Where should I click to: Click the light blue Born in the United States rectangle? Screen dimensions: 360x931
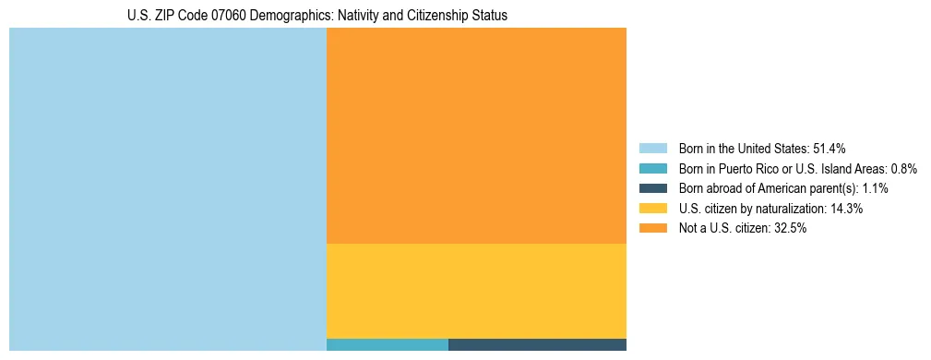(168, 189)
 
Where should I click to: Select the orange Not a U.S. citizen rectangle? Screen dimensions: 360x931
(476, 136)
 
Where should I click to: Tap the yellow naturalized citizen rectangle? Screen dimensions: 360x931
(476, 291)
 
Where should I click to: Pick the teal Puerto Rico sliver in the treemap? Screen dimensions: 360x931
(388, 344)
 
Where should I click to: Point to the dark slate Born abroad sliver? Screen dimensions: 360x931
(537, 344)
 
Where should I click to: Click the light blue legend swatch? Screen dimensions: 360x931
(652, 149)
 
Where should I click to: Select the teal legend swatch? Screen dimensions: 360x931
(652, 169)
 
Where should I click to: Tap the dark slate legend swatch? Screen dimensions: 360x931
(652, 188)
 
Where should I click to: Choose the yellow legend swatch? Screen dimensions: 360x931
(652, 209)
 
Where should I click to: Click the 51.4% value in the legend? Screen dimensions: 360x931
(829, 149)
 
